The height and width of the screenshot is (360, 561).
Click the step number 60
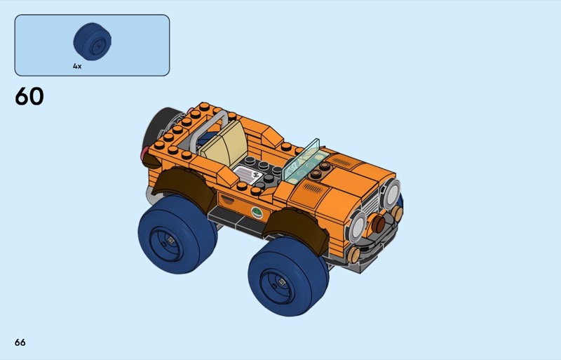pyautogui.click(x=29, y=96)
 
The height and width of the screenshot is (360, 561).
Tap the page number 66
pyautogui.click(x=20, y=342)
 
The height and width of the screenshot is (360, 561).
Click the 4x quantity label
pyautogui.click(x=77, y=66)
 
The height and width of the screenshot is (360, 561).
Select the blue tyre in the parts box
pyautogui.click(x=93, y=41)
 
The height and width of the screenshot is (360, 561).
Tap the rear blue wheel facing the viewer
pyautogui.click(x=177, y=234)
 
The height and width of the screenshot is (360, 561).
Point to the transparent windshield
pyautogui.click(x=301, y=161)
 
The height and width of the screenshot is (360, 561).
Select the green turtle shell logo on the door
pyautogui.click(x=257, y=213)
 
